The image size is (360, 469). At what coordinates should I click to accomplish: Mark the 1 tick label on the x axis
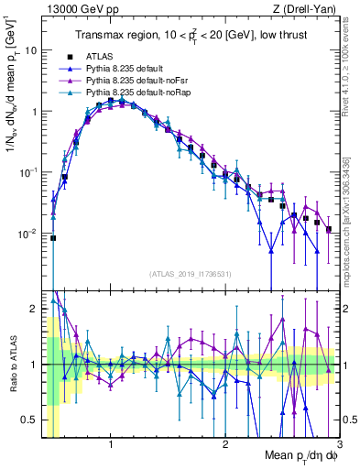pyautogui.click(x=111, y=445)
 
